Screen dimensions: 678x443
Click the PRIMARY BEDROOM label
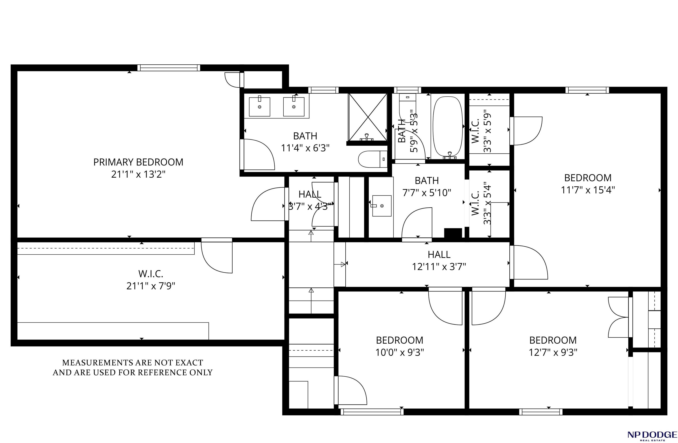pyautogui.click(x=138, y=162)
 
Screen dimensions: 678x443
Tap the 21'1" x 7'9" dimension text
pyautogui.click(x=151, y=285)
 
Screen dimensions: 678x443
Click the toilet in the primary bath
pyautogui.click(x=373, y=159)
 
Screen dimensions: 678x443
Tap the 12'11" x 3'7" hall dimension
pyautogui.click(x=439, y=267)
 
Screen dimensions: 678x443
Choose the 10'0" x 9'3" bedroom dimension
pyautogui.click(x=400, y=353)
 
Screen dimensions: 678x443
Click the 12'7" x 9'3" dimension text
pyautogui.click(x=553, y=353)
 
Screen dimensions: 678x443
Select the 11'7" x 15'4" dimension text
pyautogui.click(x=588, y=190)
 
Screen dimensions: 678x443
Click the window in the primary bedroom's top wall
pyautogui.click(x=169, y=68)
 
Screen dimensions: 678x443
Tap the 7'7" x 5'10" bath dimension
pyautogui.click(x=427, y=193)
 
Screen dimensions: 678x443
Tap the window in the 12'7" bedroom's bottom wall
pyautogui.click(x=541, y=412)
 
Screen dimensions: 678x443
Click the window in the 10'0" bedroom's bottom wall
pyautogui.click(x=372, y=412)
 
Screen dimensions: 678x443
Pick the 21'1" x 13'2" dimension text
pyautogui.click(x=138, y=174)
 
